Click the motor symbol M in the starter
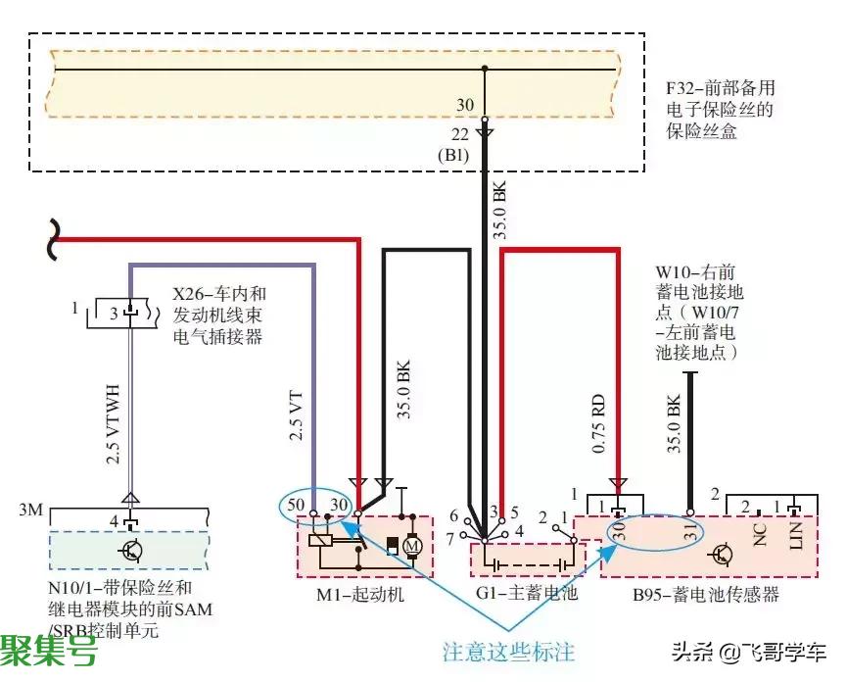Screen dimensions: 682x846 coord(412,545)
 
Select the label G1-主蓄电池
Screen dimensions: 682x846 coord(513,594)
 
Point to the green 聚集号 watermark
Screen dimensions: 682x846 coord(49,650)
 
